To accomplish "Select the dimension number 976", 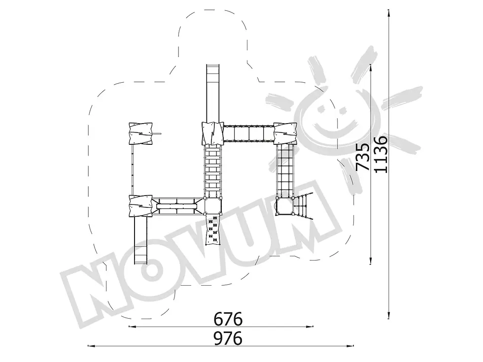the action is [x=228, y=338].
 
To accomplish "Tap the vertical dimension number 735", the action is [x=363, y=157].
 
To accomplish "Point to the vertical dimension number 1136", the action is [x=381, y=154].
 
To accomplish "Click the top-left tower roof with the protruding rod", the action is [x=141, y=133].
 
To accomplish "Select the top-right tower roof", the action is [x=285, y=133].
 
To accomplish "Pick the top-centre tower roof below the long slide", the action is [x=212, y=133].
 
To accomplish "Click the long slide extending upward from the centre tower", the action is [x=213, y=93].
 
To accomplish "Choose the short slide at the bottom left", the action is [x=141, y=240].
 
